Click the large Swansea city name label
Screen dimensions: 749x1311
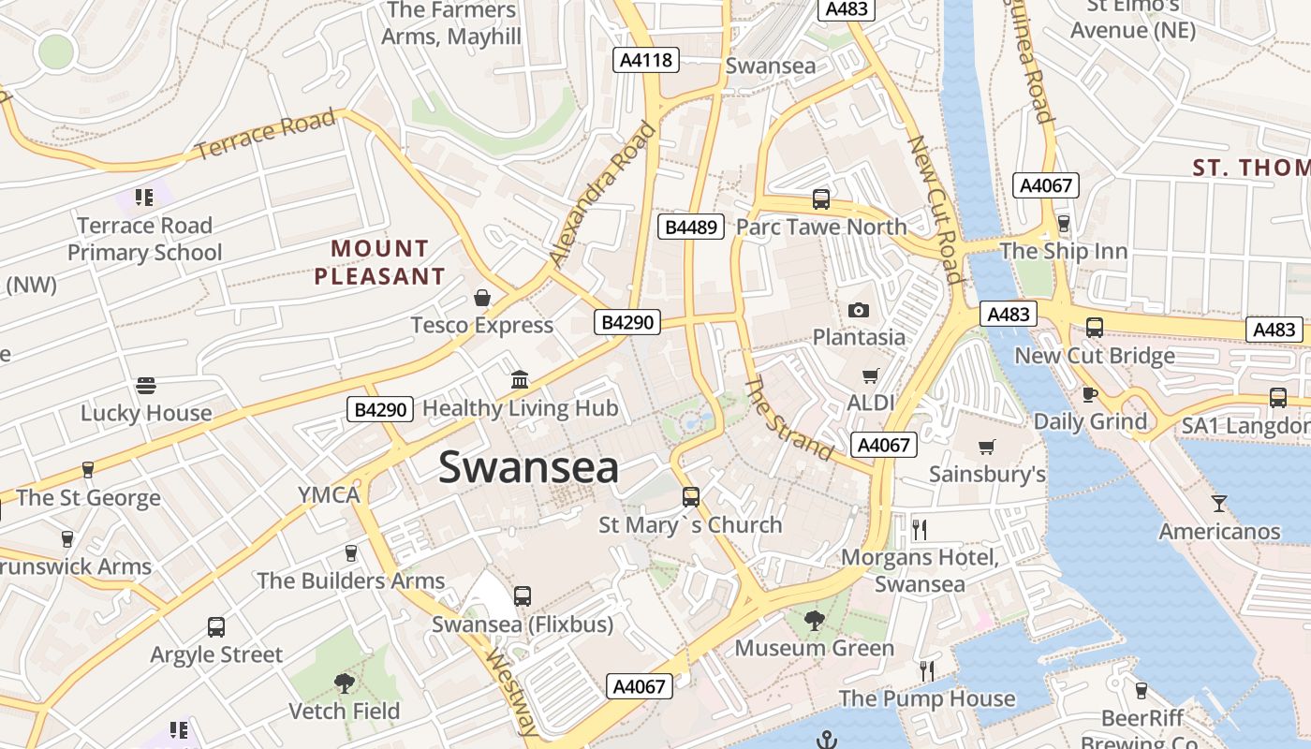point(528,467)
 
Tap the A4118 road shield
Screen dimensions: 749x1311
point(646,60)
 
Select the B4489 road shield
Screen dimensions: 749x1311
point(692,227)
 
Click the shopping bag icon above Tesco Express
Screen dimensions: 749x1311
point(481,298)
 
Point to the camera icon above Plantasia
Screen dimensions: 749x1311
point(858,310)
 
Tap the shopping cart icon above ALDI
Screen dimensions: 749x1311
point(870,375)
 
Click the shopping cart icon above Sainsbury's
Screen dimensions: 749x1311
point(986,447)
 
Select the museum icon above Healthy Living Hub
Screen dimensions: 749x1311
point(520,380)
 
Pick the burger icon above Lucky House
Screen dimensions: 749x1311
point(145,386)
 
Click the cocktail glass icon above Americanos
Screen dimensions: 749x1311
point(1218,504)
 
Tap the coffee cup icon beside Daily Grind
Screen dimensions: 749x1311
point(1089,394)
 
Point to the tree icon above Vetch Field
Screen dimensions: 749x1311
point(344,683)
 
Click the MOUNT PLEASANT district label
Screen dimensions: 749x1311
point(379,262)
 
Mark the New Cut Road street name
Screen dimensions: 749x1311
point(935,209)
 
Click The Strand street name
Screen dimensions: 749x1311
point(789,420)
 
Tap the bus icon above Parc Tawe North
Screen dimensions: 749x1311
point(821,199)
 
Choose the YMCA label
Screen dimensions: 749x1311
point(328,494)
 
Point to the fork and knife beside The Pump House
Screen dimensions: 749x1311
point(927,670)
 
